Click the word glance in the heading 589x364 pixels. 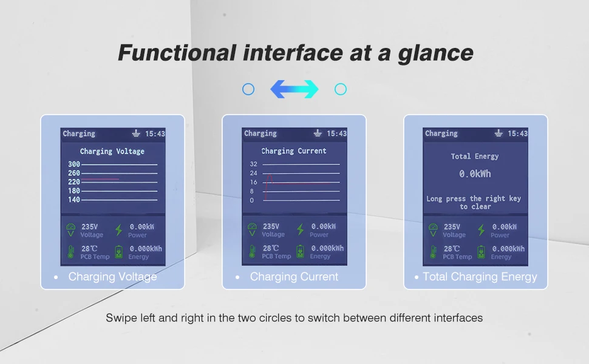436,53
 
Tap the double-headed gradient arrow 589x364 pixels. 294,89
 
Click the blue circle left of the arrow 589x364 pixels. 248,89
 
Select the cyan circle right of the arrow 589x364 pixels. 340,89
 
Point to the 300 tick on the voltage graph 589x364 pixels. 74,164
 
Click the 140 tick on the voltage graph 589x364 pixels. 74,200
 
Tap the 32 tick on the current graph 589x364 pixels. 254,164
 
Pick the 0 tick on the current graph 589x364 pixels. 251,200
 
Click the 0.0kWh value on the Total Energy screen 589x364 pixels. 475,174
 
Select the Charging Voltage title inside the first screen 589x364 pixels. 112,152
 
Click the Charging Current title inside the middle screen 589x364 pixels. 294,151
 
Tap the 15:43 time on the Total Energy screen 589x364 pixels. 517,133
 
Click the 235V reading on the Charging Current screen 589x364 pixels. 271,226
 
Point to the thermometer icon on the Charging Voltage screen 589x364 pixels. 70,252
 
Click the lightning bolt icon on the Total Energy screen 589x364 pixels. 481,230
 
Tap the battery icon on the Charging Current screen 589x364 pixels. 300,251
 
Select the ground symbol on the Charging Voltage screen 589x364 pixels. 136,133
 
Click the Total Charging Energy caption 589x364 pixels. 480,277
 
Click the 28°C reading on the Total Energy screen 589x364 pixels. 452,249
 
